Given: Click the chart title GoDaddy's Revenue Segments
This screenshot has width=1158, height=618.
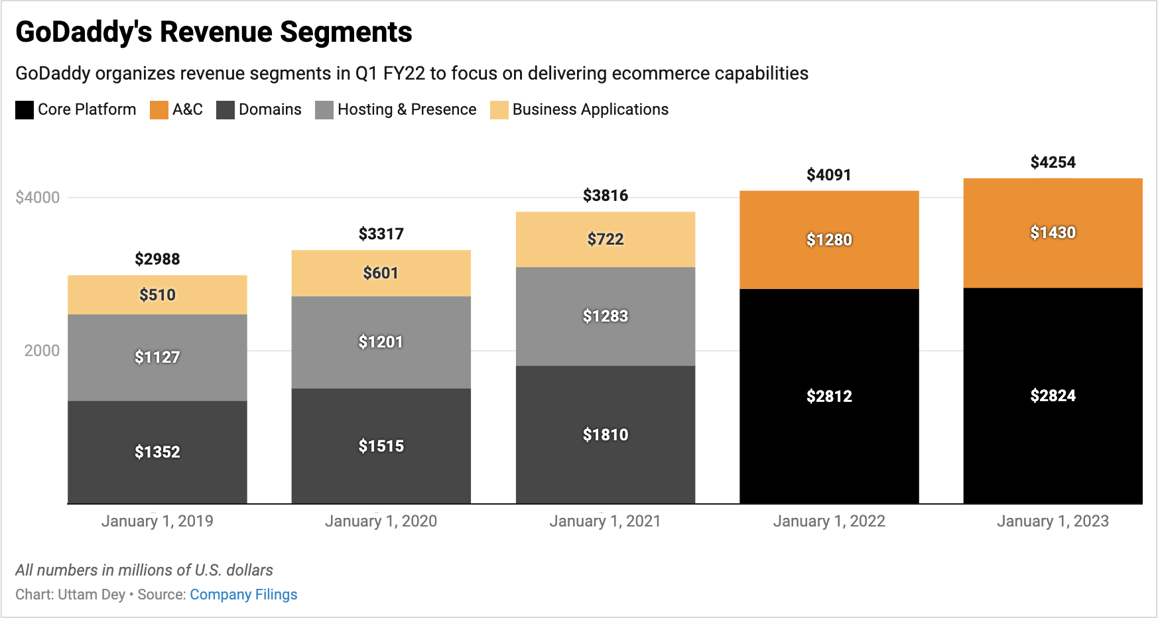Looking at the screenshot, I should point(214,32).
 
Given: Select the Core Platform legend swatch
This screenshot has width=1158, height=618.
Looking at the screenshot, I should point(25,110).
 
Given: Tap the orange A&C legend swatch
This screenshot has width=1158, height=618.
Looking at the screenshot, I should point(159,110).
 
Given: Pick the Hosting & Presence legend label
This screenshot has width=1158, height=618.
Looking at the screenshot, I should point(407,109).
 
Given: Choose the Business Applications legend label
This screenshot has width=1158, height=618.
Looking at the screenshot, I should point(590,109).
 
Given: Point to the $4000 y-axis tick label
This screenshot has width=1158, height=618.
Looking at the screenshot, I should point(38,198).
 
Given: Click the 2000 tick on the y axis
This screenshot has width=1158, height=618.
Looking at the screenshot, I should point(42,351).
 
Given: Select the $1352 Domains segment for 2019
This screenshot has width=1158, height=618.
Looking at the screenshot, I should point(157,452).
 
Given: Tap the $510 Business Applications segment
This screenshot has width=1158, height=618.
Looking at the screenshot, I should point(157,295).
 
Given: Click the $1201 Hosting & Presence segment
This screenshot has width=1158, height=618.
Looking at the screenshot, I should point(381,342).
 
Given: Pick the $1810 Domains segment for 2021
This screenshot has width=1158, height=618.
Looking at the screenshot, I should point(605,435).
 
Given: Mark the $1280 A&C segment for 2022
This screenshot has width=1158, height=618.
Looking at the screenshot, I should point(829,240).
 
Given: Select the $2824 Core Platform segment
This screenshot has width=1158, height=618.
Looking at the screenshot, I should point(1053,396).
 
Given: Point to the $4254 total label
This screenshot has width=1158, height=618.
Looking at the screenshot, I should point(1053,162).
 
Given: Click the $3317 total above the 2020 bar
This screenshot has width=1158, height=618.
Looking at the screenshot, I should point(381,234).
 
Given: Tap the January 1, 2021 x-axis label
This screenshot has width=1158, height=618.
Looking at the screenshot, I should point(605,521).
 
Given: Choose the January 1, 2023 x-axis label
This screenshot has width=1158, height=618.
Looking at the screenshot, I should point(1053,521).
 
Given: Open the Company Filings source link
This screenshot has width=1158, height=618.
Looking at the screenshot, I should point(243,595).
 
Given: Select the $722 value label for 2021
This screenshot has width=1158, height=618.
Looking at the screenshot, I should point(605,239).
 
